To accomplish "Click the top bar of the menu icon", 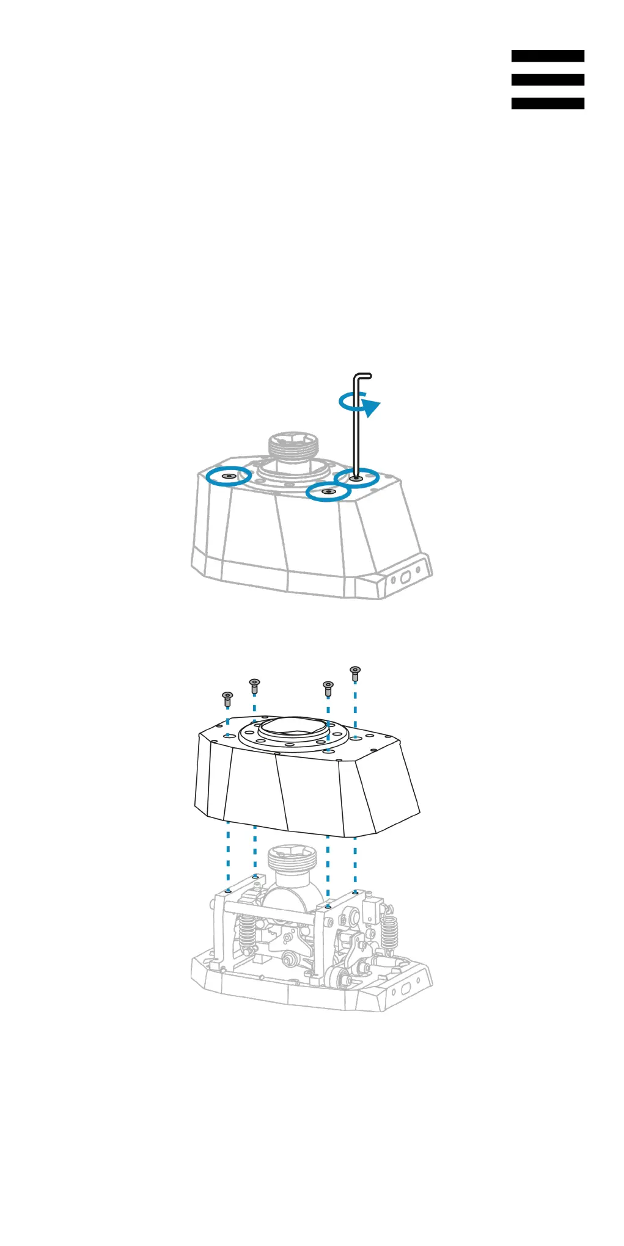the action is (x=547, y=56).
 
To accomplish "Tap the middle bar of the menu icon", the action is (x=547, y=80).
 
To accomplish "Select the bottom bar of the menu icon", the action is (x=547, y=104).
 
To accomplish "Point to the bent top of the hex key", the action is (x=363, y=376).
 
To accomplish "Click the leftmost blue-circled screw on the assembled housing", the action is (x=229, y=476).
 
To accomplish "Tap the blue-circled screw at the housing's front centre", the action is (x=328, y=491).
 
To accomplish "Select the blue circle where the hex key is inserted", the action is (x=357, y=478).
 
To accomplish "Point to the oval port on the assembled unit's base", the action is (x=404, y=577).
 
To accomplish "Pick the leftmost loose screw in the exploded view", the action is (x=227, y=698).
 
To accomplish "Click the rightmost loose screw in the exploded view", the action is (x=355, y=673).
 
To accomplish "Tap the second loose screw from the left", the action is (x=255, y=685).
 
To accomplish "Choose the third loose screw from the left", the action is (x=328, y=688).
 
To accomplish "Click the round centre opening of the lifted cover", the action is (x=292, y=727).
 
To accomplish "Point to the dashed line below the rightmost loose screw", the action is (x=355, y=708).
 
